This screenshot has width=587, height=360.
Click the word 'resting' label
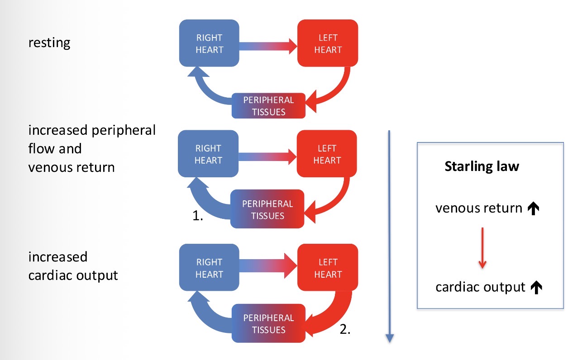coord(49,43)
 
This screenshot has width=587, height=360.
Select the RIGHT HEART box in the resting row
coord(209,43)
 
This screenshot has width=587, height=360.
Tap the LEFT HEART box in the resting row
coord(327,43)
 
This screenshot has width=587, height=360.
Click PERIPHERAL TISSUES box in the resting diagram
coord(268,106)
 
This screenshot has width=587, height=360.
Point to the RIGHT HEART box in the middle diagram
coord(208,154)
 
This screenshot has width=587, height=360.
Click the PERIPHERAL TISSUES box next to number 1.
coord(267,209)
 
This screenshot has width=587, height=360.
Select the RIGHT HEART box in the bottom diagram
coord(209,268)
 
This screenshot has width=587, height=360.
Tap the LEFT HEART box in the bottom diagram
coord(328,268)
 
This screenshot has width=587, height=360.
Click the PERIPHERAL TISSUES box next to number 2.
coord(268,324)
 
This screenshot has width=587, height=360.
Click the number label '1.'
coord(197,217)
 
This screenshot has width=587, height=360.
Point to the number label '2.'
coord(345,330)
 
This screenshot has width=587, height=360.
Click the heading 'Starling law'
coord(482,166)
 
